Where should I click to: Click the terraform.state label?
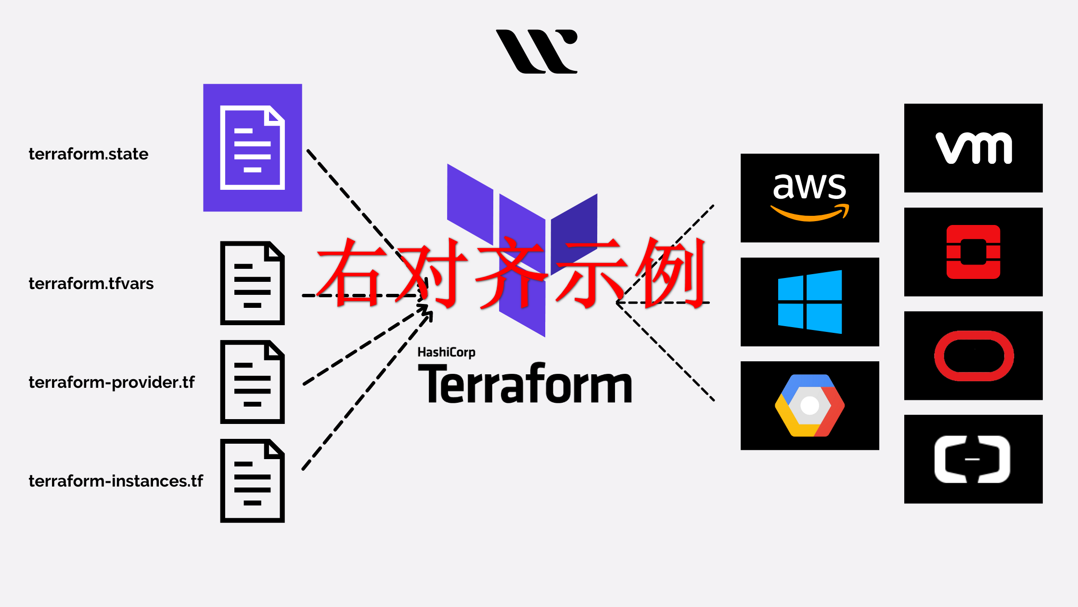click(x=89, y=154)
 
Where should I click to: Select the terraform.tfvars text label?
click(x=91, y=283)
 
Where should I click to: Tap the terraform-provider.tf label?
click(x=112, y=383)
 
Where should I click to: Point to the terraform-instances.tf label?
click(x=116, y=481)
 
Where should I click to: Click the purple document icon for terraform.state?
click(x=253, y=147)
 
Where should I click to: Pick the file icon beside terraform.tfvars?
click(x=253, y=283)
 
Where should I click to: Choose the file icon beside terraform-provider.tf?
click(x=253, y=382)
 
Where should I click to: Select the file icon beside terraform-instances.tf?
click(x=253, y=481)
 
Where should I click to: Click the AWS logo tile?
click(x=810, y=198)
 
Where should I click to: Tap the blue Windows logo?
click(x=810, y=302)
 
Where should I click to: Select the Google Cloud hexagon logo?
click(x=810, y=406)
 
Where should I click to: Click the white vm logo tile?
click(x=974, y=148)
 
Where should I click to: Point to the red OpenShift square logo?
click(x=974, y=252)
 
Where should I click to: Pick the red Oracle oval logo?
click(x=974, y=356)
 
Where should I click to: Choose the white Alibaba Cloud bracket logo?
click(x=973, y=459)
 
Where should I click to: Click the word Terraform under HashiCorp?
click(x=525, y=383)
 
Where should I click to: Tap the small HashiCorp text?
click(x=447, y=353)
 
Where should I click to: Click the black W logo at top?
click(x=537, y=52)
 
